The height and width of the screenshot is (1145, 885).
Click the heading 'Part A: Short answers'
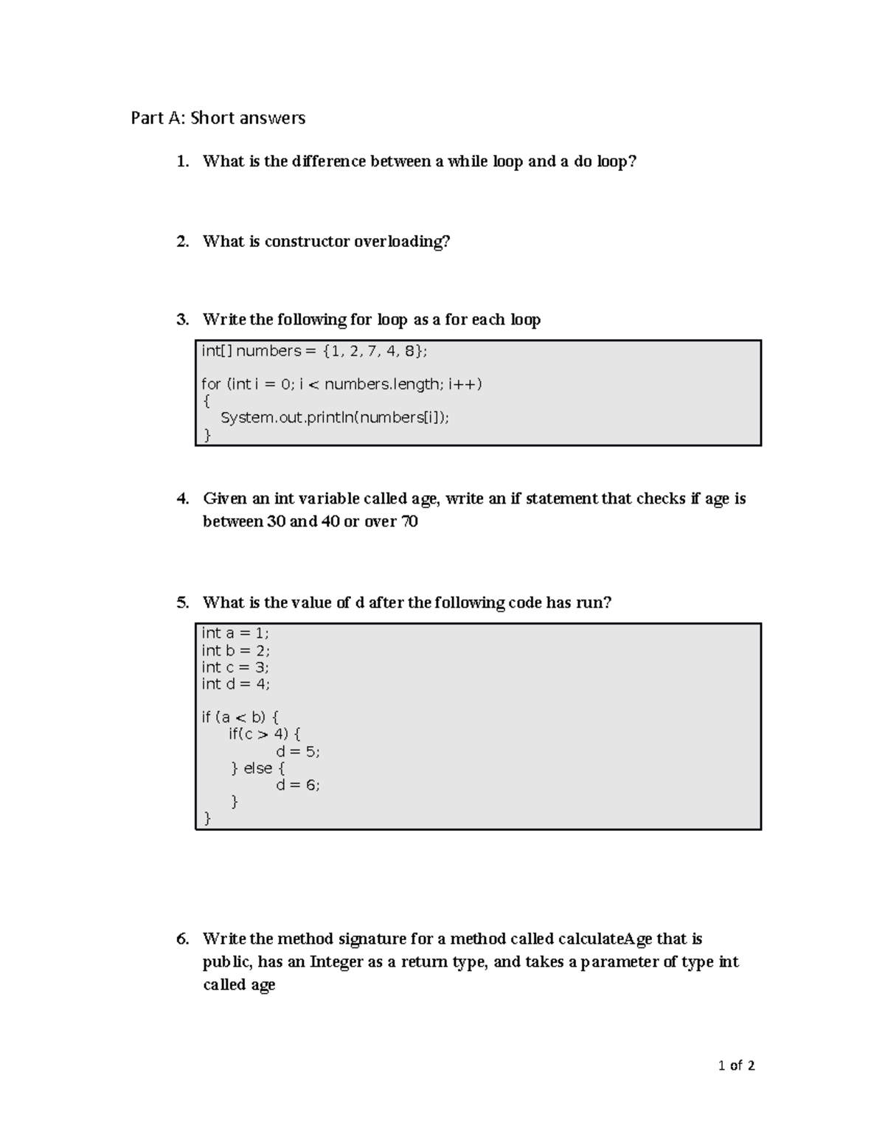point(218,118)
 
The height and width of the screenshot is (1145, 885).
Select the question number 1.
point(182,161)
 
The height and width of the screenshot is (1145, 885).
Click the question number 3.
point(182,320)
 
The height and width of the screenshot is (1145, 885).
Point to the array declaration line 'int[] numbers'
point(314,352)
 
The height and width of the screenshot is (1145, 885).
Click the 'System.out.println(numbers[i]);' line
point(335,418)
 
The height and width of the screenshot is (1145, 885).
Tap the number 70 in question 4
point(409,522)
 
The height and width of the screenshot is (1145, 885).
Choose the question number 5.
point(182,603)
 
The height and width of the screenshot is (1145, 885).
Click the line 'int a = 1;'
point(235,633)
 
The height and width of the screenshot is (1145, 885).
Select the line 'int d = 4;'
point(236,684)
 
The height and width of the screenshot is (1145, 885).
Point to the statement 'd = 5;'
point(298,752)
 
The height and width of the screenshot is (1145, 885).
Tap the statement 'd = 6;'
point(298,785)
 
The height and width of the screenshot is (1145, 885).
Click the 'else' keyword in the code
point(258,768)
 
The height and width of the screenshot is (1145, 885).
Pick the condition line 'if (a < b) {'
point(240,717)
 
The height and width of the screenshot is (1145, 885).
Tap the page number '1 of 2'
point(736,1065)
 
